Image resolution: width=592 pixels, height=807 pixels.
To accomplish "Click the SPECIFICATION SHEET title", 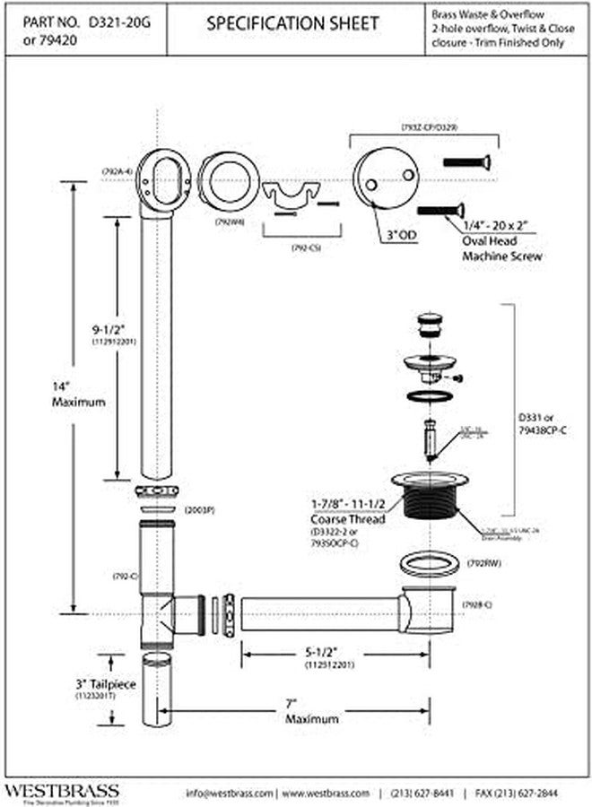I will click(x=292, y=24).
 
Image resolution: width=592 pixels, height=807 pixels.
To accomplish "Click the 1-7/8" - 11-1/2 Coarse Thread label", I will click(x=350, y=514).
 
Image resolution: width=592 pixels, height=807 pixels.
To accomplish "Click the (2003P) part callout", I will click(x=198, y=510).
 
